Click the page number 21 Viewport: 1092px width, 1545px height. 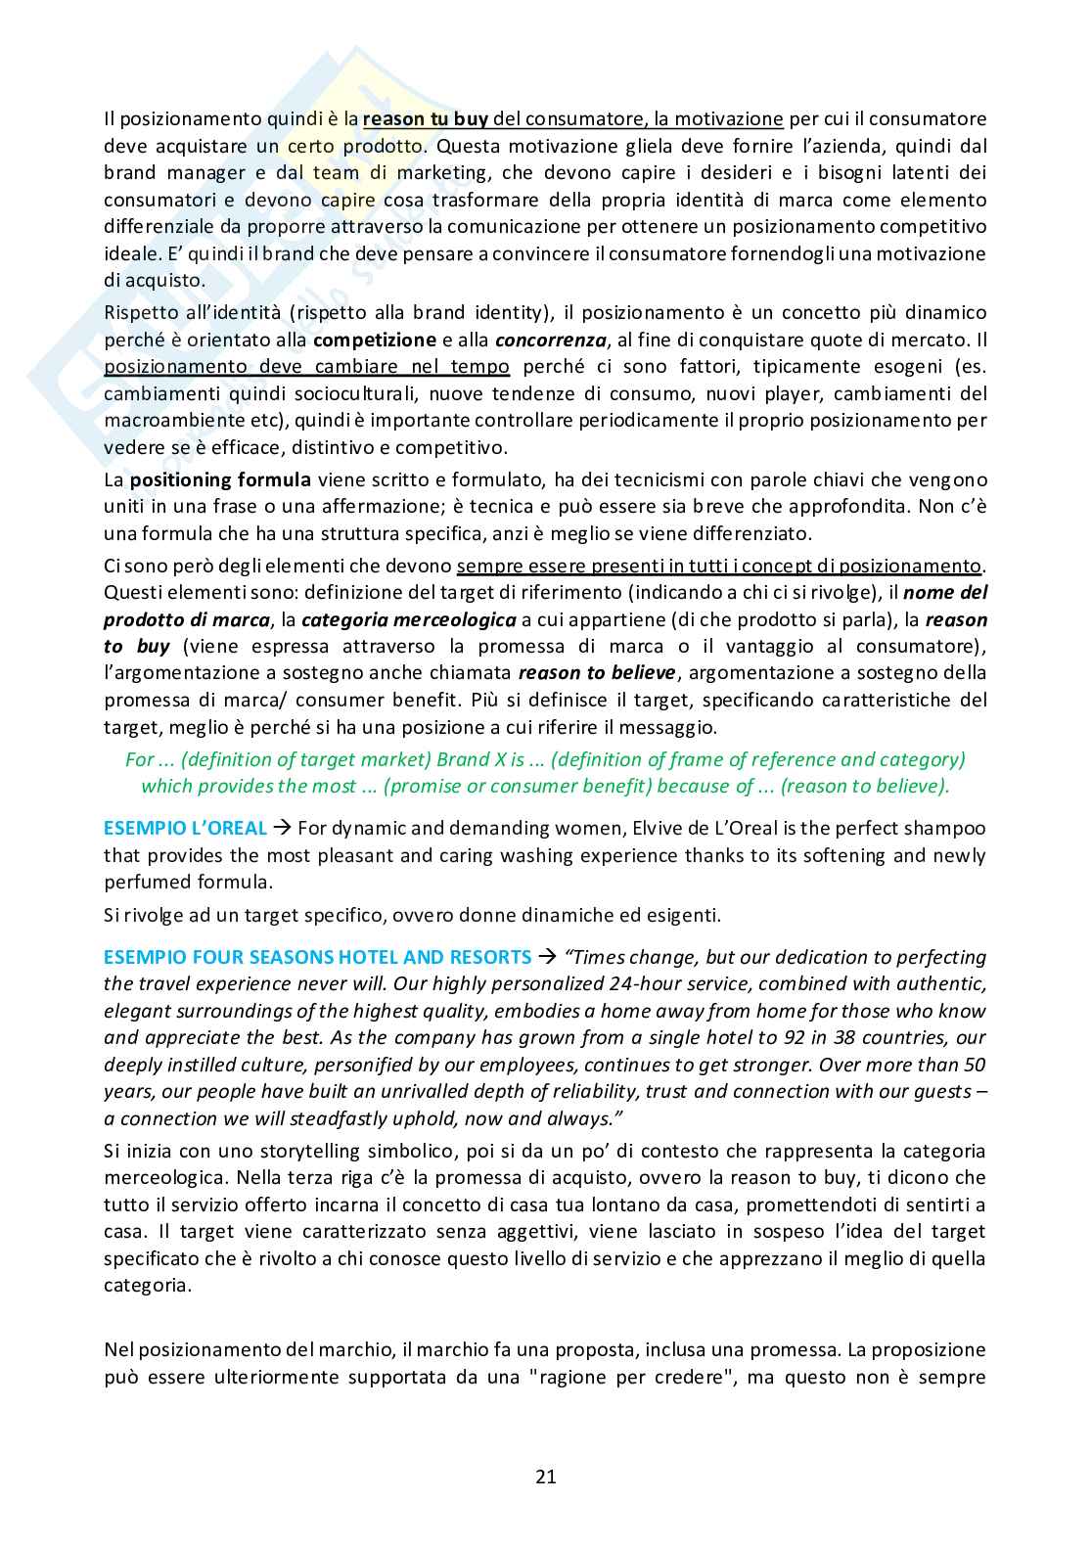546,1477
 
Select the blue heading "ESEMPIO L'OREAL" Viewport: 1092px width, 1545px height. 185,828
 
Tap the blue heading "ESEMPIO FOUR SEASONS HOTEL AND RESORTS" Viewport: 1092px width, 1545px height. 317,957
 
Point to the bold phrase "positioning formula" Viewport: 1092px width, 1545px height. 220,480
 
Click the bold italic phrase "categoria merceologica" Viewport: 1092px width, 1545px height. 408,619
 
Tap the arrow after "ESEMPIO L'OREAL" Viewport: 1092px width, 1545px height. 282,828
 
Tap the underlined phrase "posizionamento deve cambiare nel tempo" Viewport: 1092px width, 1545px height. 306,367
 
